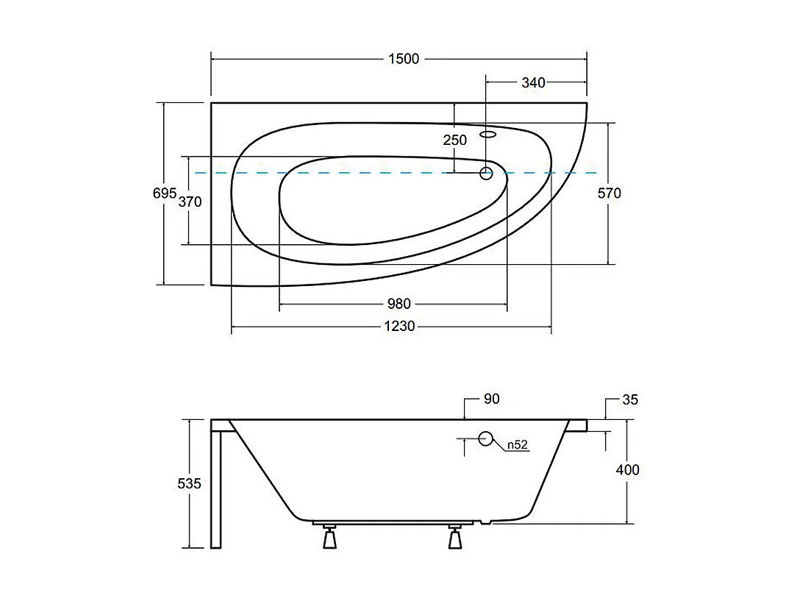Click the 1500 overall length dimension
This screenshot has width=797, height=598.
(403, 59)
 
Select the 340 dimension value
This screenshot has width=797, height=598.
(533, 82)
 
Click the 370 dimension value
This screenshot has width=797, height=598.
(190, 201)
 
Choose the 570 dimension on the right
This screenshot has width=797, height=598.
(610, 193)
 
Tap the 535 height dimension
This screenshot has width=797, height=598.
(190, 483)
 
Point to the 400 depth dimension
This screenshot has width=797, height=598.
(627, 470)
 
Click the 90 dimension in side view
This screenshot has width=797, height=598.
(491, 399)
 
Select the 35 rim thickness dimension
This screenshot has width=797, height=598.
(629, 400)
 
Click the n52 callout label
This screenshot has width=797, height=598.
(517, 444)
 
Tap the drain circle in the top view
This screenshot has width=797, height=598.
(486, 174)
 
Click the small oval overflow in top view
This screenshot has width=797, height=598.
(488, 135)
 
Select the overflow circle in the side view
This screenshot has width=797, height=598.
(485, 439)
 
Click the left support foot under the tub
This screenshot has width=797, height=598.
(329, 538)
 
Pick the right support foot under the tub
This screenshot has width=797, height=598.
(455, 538)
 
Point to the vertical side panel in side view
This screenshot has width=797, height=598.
(216, 485)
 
